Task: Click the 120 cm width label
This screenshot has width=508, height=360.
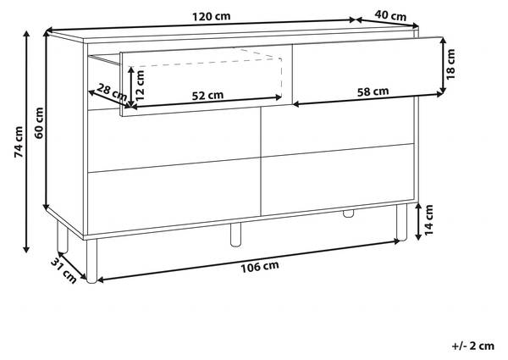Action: (x=211, y=16)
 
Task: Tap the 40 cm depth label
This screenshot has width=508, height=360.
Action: (x=390, y=15)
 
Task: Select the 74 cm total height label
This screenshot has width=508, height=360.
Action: (x=19, y=142)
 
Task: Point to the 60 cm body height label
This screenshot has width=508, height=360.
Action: (x=39, y=123)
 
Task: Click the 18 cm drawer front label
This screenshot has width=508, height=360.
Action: (x=450, y=64)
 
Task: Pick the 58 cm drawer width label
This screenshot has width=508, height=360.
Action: (x=373, y=91)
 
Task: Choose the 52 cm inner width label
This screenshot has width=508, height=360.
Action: (x=207, y=95)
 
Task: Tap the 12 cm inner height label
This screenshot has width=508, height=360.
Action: (x=140, y=86)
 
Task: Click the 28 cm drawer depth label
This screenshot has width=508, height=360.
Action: (x=112, y=92)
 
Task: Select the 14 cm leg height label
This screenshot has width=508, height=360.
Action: (x=428, y=219)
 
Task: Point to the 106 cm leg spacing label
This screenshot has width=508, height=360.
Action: (x=260, y=266)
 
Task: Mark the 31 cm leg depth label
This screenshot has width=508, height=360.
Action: (x=63, y=270)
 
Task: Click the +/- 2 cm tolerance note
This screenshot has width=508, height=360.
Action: (x=473, y=346)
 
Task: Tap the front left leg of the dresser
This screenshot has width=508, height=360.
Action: (x=91, y=261)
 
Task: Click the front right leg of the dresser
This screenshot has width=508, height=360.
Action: (x=401, y=222)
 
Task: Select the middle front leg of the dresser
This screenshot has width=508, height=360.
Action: (x=235, y=235)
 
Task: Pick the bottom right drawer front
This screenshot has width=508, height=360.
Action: (x=338, y=180)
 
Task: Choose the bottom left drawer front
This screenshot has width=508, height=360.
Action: (x=174, y=197)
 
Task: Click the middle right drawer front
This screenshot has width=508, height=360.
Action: (x=338, y=128)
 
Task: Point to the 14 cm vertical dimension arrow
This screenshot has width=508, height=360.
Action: (x=418, y=221)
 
